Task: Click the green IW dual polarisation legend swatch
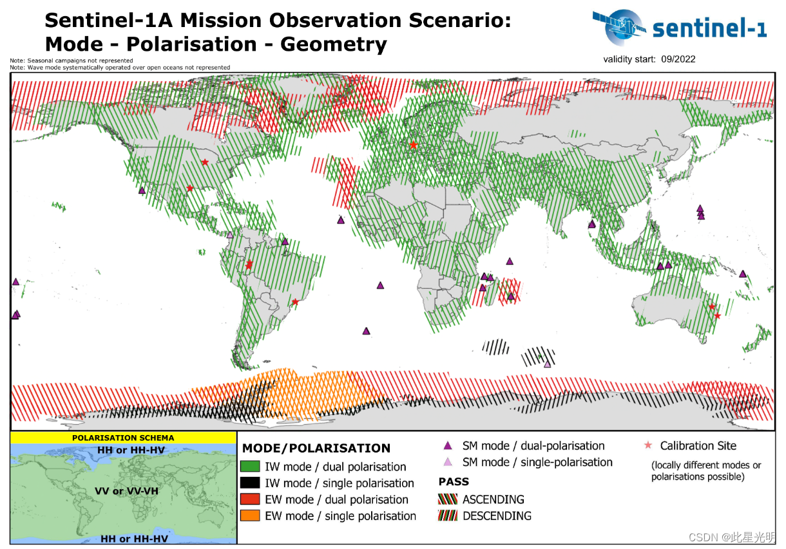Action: tap(250, 467)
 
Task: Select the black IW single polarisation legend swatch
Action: tap(250, 483)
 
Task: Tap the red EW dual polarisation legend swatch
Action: tap(250, 499)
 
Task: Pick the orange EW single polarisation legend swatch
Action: tap(250, 516)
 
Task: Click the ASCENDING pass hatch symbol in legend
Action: tap(448, 499)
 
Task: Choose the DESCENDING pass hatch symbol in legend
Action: tap(448, 516)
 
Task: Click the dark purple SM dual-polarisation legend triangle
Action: tap(448, 445)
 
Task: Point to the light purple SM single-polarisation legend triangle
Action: tap(448, 462)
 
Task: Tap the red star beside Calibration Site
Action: tap(648, 445)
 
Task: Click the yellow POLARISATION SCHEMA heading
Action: tap(122, 438)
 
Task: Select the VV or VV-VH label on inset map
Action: tap(126, 491)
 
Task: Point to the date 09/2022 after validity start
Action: tap(678, 59)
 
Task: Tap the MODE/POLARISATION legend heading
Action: tap(316, 448)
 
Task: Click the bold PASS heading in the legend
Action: tap(454, 481)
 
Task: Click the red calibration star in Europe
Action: tap(413, 145)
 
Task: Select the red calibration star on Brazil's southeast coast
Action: tap(295, 302)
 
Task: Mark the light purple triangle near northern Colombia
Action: tap(229, 235)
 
